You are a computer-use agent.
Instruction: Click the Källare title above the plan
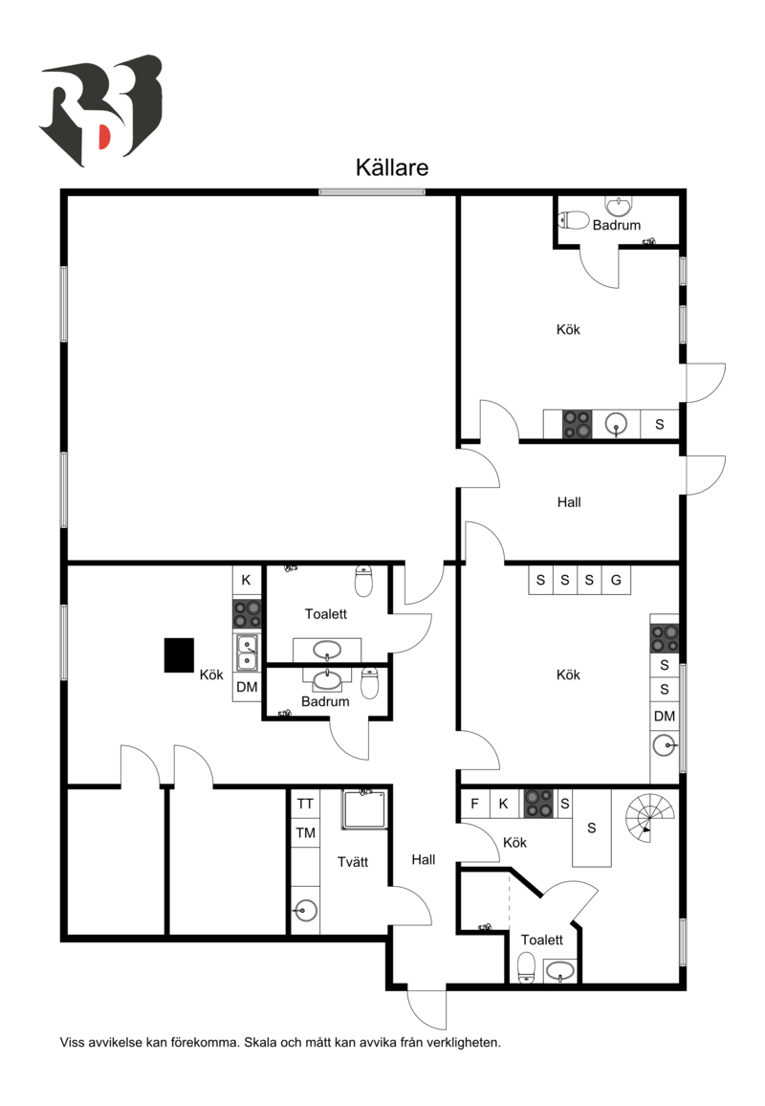pos(392,167)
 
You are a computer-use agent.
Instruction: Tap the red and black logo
pos(100,111)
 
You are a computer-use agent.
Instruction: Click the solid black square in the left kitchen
pos(179,654)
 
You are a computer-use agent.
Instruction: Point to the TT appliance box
pos(305,804)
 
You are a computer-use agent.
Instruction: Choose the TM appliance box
pos(305,833)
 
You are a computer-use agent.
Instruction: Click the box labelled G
pos(616,580)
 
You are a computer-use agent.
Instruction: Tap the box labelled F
pos(474,804)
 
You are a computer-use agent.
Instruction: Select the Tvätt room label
pos(353,862)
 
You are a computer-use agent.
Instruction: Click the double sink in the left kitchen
pos(247,653)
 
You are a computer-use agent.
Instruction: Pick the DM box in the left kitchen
pos(247,687)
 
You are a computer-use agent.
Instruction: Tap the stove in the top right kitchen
pos(577,424)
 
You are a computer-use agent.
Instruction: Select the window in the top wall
pos(372,192)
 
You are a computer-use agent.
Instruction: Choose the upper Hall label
pos(569,501)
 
